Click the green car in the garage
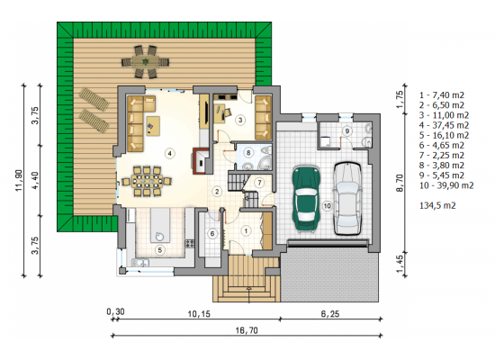(x=306, y=199)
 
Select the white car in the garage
(x=347, y=198)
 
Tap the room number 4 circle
(x=170, y=154)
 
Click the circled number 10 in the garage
(x=327, y=206)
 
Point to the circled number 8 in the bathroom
(x=248, y=153)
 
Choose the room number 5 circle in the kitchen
(x=160, y=250)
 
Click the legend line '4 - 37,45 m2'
(x=444, y=125)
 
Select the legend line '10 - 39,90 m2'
(x=446, y=185)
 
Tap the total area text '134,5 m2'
(x=437, y=205)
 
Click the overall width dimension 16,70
(x=247, y=330)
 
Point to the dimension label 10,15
(x=199, y=314)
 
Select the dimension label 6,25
(x=330, y=314)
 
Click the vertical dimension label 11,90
(x=19, y=180)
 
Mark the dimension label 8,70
(x=400, y=183)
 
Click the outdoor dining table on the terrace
(x=145, y=61)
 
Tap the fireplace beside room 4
(x=201, y=161)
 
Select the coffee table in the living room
(x=153, y=126)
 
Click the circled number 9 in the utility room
(x=346, y=130)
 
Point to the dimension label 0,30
(x=115, y=312)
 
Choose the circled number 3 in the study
(x=240, y=120)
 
